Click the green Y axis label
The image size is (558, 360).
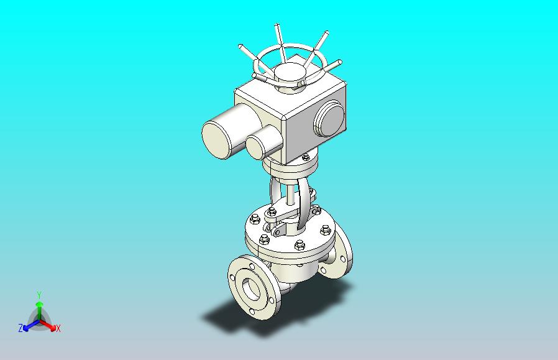click(x=39, y=295)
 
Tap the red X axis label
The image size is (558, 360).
click(x=58, y=328)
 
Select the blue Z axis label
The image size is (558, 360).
click(x=21, y=328)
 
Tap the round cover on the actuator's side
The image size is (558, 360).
click(x=329, y=119)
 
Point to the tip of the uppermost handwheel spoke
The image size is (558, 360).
click(x=277, y=25)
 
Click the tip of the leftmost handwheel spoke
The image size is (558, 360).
click(x=240, y=46)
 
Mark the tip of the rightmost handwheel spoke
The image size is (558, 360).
click(x=340, y=62)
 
